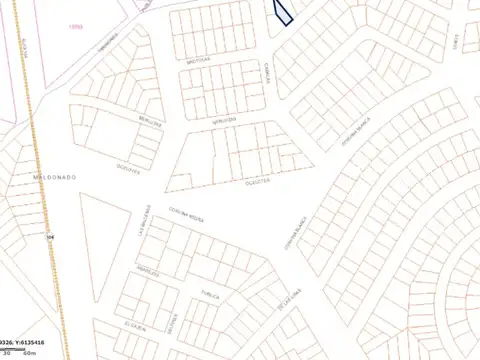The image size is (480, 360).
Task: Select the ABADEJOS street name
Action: point(148,270)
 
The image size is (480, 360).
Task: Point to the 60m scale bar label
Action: point(29,354)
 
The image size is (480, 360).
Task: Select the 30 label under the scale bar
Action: point(7,354)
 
